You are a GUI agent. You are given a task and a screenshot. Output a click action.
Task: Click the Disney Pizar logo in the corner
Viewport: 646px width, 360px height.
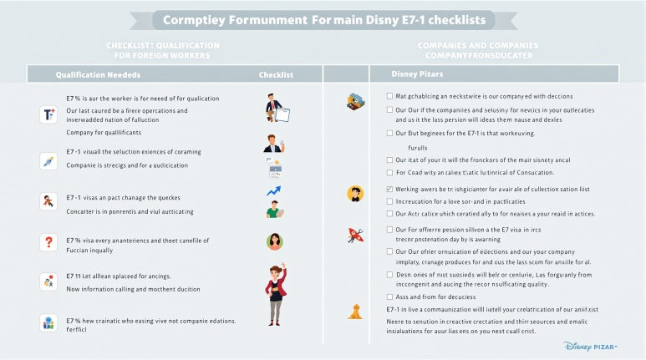point(599,345)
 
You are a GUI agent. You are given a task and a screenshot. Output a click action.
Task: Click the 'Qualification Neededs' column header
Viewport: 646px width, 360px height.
point(98,74)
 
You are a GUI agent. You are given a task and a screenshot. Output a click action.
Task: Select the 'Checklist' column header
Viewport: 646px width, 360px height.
point(276,74)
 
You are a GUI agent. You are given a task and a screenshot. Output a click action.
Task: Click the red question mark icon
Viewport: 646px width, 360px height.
point(48,241)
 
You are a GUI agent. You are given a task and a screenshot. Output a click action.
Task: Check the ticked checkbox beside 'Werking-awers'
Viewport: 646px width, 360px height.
point(390,190)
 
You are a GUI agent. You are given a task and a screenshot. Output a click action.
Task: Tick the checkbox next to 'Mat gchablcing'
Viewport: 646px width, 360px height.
point(390,96)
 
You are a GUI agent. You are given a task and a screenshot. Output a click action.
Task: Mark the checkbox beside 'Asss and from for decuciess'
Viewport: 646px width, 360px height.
point(390,297)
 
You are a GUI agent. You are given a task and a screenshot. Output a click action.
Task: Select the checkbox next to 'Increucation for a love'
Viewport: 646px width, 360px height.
point(390,201)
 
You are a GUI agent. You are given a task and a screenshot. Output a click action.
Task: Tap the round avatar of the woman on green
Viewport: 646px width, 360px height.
point(274,241)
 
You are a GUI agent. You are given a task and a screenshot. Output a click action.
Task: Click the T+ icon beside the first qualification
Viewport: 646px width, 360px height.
point(48,115)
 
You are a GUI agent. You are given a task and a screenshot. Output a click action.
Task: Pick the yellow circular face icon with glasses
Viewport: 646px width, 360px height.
point(355,194)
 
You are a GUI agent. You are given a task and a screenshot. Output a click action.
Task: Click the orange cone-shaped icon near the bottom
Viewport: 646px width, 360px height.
point(355,312)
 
